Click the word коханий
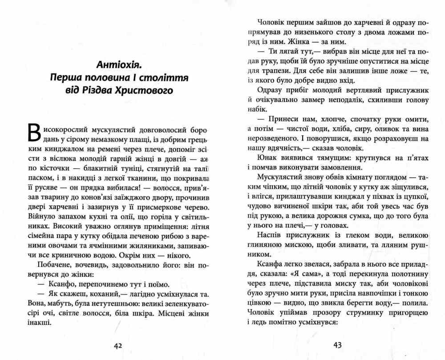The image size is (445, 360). (x=97, y=294)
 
